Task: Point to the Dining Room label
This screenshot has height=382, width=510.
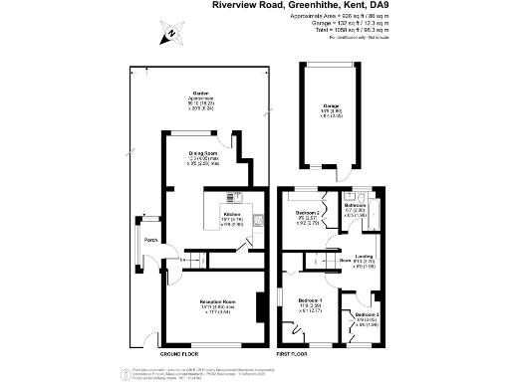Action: (205, 150)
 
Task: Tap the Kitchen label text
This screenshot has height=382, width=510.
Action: (232, 214)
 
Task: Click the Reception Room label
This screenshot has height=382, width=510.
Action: (214, 300)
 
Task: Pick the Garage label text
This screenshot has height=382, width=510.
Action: (331, 105)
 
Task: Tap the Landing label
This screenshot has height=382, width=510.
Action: (365, 256)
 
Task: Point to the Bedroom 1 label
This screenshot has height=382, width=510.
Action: (310, 300)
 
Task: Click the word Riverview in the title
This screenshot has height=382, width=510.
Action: (235, 5)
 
